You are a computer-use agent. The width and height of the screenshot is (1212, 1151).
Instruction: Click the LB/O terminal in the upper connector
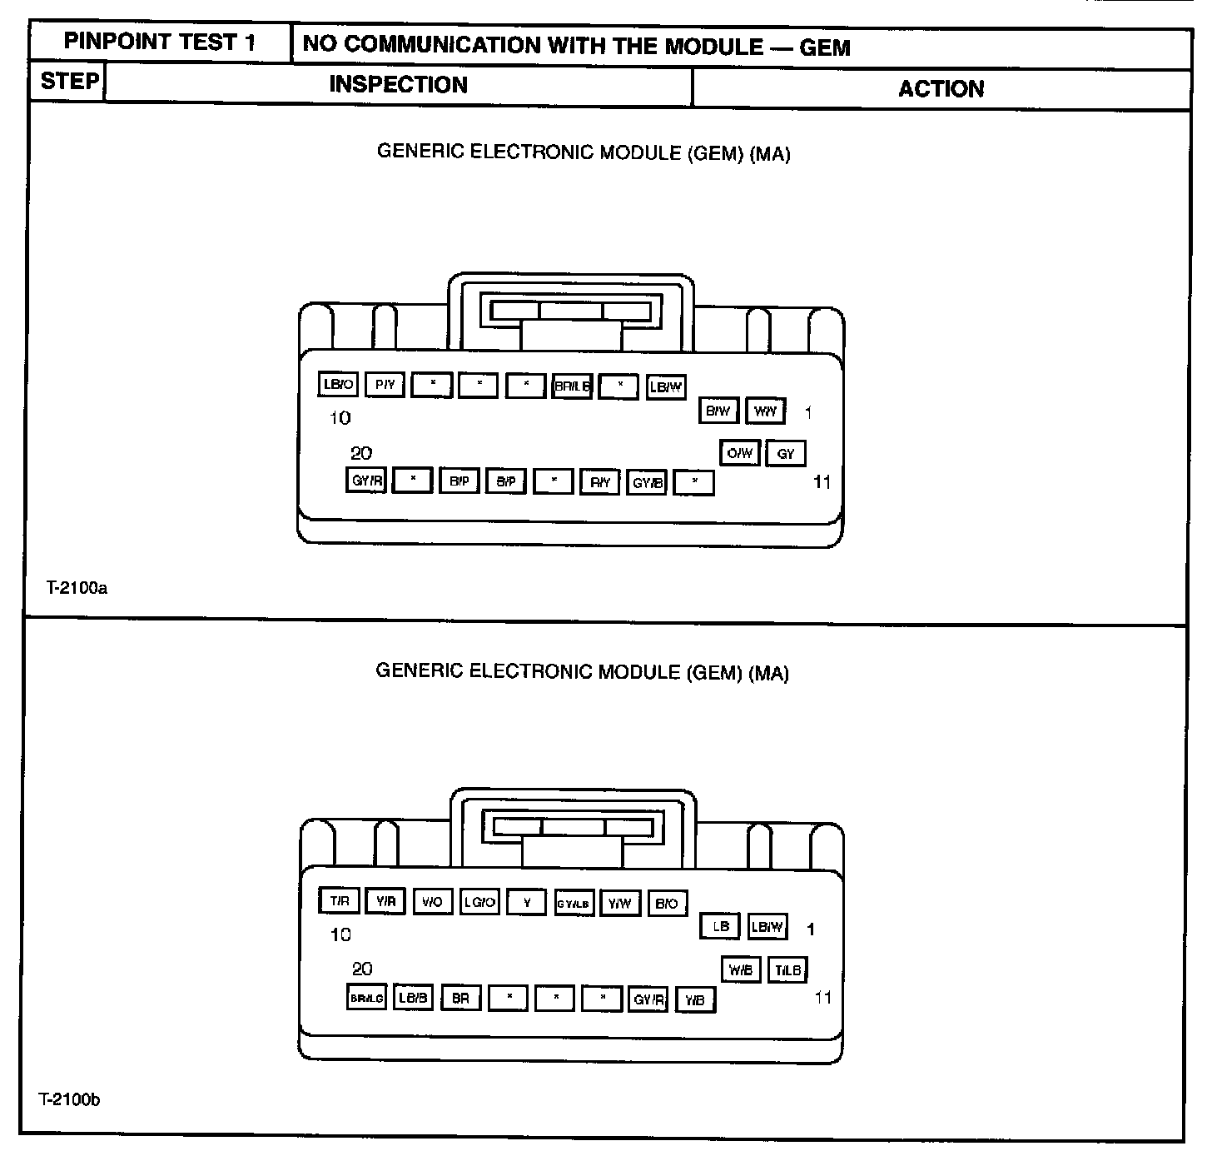pos(338,384)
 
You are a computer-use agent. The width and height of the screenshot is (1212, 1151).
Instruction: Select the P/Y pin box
pos(385,384)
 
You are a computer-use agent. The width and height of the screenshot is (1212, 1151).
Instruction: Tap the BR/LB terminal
pos(572,386)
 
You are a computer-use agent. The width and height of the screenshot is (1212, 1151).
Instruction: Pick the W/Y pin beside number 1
pos(765,411)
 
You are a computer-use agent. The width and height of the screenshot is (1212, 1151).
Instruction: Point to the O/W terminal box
pos(739,453)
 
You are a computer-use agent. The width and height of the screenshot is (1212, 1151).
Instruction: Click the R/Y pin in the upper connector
pos(600,481)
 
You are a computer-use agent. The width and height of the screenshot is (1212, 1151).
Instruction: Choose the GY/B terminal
pos(648,481)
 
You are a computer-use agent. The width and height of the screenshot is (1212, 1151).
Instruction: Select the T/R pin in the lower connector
pos(339,901)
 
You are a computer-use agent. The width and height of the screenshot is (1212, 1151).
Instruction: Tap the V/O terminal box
pos(432,902)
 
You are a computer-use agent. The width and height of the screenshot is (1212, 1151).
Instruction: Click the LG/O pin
pos(479,902)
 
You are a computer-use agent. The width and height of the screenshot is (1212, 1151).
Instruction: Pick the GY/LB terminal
pos(574,903)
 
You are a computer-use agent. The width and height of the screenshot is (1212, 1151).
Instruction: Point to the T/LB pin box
pos(787,970)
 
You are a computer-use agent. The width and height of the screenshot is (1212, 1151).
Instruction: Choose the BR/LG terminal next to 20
pos(366,998)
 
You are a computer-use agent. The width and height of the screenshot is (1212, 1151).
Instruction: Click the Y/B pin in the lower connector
pos(695,999)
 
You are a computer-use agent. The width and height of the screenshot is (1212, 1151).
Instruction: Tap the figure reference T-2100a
pos(77,588)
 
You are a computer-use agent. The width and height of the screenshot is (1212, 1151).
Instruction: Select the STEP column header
pos(69,82)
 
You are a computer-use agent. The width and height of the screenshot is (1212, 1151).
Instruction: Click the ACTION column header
pos(941,89)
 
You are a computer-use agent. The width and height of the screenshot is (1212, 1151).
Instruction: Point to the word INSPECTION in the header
pos(398,85)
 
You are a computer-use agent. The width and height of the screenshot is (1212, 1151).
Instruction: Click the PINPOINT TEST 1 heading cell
pos(160,42)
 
